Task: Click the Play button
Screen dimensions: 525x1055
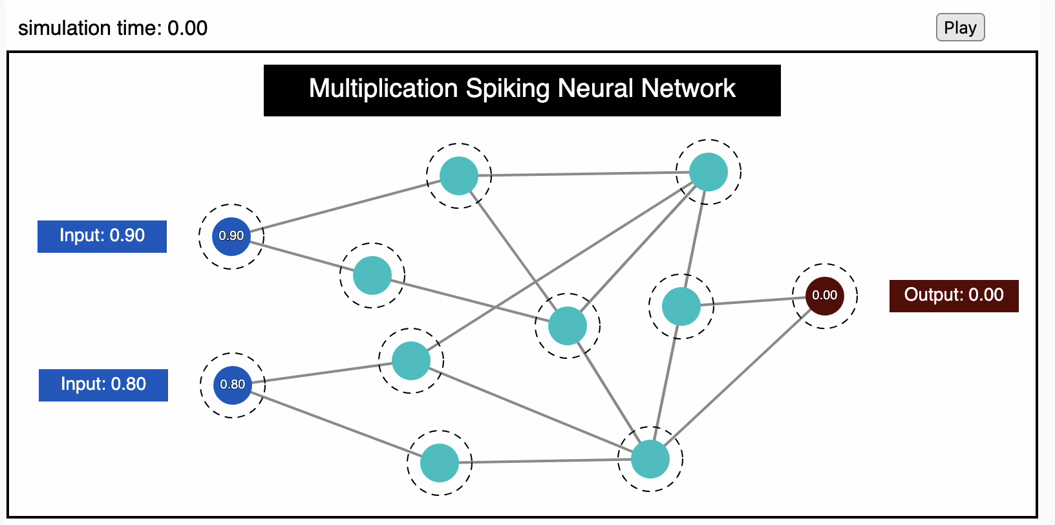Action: click(x=960, y=28)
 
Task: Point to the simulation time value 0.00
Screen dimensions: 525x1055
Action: click(x=187, y=28)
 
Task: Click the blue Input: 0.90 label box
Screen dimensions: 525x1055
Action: click(x=102, y=236)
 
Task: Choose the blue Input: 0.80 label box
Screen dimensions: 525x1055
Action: click(x=103, y=385)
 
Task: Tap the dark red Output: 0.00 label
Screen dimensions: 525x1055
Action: click(x=954, y=295)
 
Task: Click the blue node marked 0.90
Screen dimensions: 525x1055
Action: click(x=231, y=236)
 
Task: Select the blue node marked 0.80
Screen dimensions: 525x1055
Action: click(x=233, y=385)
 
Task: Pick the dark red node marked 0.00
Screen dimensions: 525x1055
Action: click(x=824, y=295)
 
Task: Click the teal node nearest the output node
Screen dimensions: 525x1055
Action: click(x=681, y=306)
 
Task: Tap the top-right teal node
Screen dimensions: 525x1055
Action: click(x=709, y=172)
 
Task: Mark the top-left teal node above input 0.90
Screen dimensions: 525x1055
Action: click(x=459, y=176)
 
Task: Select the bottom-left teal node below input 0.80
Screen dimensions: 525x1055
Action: click(x=440, y=463)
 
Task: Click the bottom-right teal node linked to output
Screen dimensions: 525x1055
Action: click(x=650, y=459)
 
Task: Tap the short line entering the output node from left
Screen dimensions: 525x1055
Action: click(x=753, y=301)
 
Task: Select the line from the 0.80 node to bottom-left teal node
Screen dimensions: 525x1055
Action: click(x=336, y=423)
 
